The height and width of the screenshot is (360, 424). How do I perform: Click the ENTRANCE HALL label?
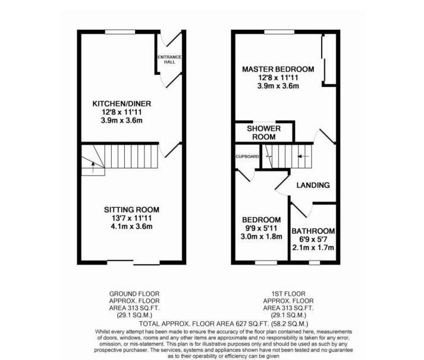coord(169,60)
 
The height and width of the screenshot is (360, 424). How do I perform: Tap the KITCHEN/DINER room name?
coord(118,104)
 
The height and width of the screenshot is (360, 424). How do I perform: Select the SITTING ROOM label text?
coord(131,209)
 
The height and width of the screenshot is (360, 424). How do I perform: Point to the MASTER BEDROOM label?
coord(278,70)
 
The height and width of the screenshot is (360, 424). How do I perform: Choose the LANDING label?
coord(313,185)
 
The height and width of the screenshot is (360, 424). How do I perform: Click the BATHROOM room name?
coord(313,231)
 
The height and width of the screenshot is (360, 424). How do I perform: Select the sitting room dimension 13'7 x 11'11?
coord(131,218)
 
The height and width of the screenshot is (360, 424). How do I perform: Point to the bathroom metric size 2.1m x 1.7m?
coord(313,248)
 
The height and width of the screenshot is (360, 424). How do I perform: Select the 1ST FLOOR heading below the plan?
coord(288,294)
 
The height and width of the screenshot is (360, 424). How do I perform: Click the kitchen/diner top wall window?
coord(118,32)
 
